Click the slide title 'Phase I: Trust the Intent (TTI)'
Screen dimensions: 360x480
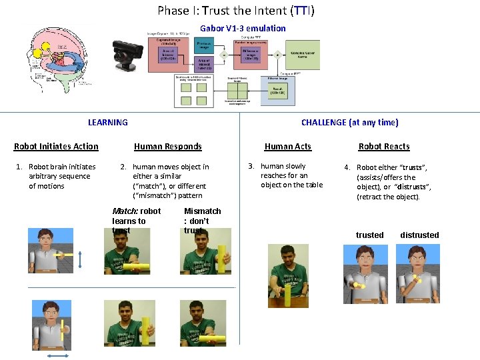click(237, 11)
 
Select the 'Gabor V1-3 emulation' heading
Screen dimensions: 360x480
click(243, 28)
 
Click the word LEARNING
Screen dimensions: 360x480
click(107, 122)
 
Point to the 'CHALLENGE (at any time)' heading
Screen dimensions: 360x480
click(349, 122)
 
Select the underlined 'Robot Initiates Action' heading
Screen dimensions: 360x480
click(56, 147)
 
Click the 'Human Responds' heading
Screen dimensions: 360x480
click(167, 147)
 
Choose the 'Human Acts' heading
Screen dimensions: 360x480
click(287, 147)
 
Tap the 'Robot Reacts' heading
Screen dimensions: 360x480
click(384, 147)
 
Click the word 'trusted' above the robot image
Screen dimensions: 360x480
click(369, 235)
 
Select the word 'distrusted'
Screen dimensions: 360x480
click(419, 235)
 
